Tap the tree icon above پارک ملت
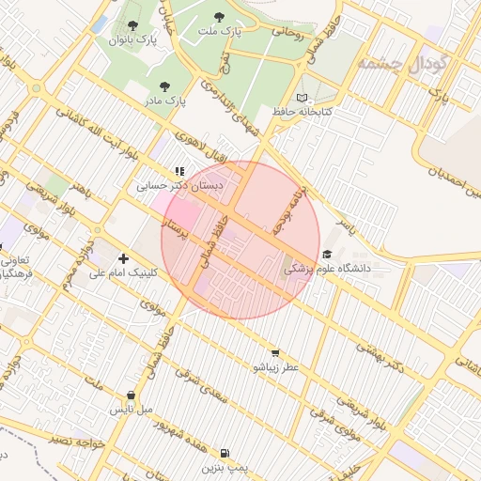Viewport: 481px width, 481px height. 220,17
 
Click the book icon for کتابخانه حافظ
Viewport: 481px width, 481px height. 302,98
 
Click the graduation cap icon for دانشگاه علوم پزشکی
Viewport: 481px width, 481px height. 327,254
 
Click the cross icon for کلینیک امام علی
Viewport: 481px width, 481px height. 124,258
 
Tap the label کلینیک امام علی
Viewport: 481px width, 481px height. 124,273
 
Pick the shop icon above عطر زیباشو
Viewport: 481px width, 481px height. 274,352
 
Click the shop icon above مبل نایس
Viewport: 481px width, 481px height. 131,396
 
